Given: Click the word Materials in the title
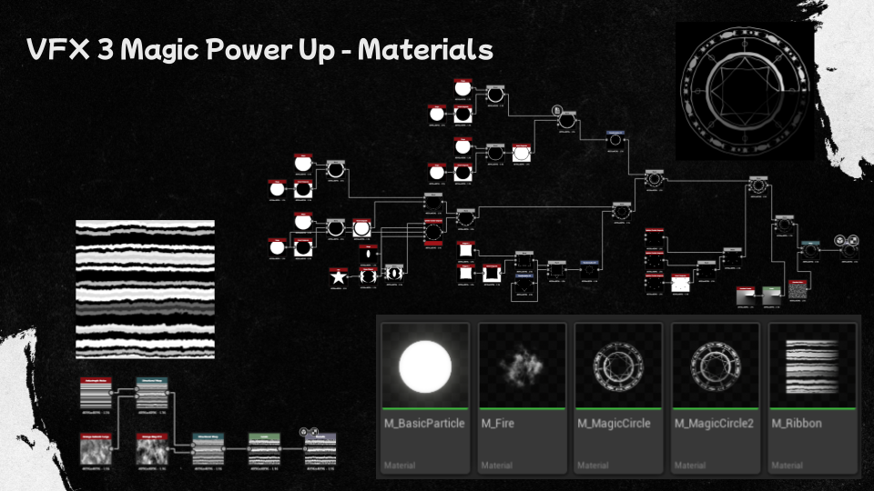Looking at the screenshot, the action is coord(425,49).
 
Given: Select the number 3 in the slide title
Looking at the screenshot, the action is coord(104,49).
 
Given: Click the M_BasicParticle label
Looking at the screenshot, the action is coord(423,424).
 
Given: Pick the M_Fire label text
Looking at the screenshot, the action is coord(499,424).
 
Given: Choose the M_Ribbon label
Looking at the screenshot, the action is coord(797,424).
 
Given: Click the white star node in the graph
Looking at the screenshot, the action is coord(339,276).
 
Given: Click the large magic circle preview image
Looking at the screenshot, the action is coord(744,91).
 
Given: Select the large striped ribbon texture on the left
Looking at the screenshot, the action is coord(145,289).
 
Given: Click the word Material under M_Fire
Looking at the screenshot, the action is coord(496,466).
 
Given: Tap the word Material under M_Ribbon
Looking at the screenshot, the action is coord(787,466).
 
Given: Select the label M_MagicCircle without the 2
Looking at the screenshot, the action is coord(614,424).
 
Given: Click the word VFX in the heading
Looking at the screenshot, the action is coord(58,49).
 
